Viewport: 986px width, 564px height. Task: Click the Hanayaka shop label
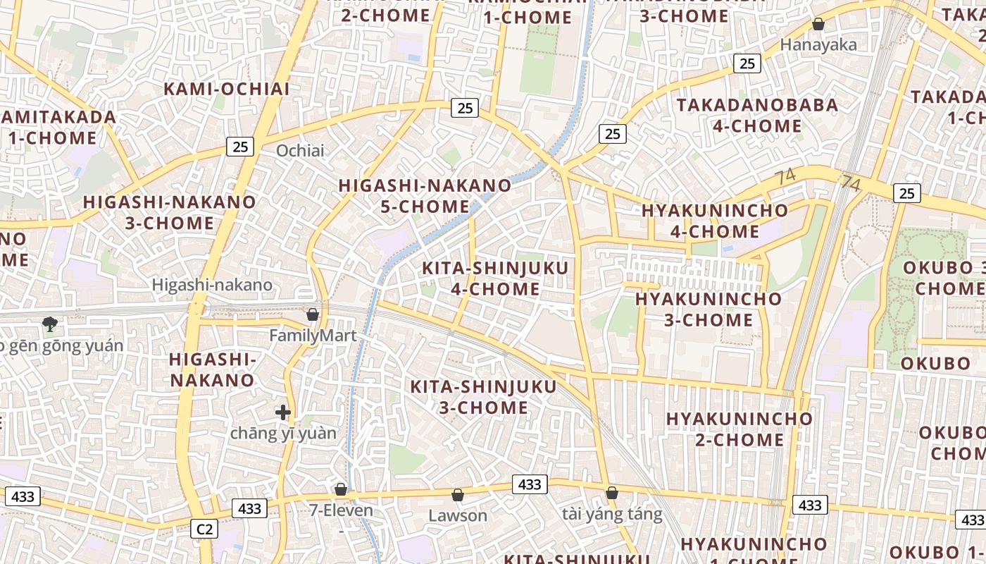pyautogui.click(x=818, y=45)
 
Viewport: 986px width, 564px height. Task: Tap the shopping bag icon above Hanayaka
pyautogui.click(x=818, y=25)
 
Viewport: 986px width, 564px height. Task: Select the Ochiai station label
pyautogui.click(x=300, y=150)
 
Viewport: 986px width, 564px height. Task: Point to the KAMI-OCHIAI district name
pyautogui.click(x=227, y=89)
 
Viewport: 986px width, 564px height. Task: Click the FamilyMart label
pyautogui.click(x=313, y=336)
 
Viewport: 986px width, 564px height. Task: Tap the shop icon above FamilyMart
pyautogui.click(x=313, y=314)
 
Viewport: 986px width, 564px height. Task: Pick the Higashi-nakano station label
pyautogui.click(x=212, y=285)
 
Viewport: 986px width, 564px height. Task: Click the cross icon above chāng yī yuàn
pyautogui.click(x=283, y=412)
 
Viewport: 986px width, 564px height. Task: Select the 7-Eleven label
pyautogui.click(x=341, y=510)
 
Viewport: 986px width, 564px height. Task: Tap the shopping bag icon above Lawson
pyautogui.click(x=458, y=495)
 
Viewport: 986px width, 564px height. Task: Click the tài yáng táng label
pyautogui.click(x=612, y=514)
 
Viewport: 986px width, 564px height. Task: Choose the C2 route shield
pyautogui.click(x=204, y=529)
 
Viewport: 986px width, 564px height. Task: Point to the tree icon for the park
pyautogui.click(x=49, y=324)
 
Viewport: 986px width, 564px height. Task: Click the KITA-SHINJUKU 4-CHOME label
pyautogui.click(x=495, y=278)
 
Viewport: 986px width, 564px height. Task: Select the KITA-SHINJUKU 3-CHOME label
pyautogui.click(x=483, y=397)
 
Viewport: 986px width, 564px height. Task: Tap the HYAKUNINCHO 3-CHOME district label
pyautogui.click(x=709, y=309)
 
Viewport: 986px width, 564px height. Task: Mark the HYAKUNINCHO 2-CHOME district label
pyautogui.click(x=739, y=429)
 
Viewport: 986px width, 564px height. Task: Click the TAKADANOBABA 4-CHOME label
pyautogui.click(x=758, y=116)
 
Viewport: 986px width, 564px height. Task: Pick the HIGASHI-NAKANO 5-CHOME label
pyautogui.click(x=425, y=196)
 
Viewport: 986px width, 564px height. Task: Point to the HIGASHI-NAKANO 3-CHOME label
pyautogui.click(x=169, y=212)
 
